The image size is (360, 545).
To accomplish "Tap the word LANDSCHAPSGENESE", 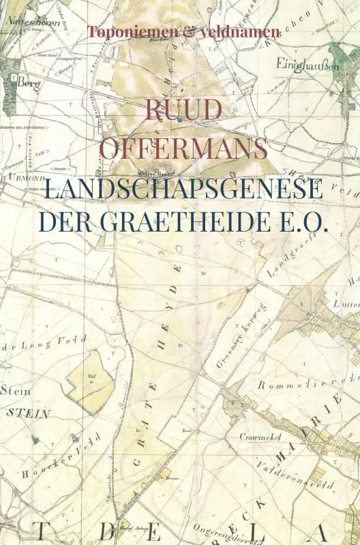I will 183,188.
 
